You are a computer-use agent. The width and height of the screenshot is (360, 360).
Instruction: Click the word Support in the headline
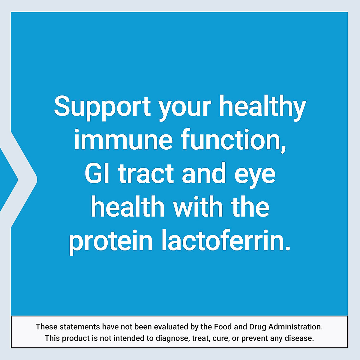[102, 107]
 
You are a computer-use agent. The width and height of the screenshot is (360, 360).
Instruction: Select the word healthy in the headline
[262, 107]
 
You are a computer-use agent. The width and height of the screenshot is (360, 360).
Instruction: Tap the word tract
[146, 174]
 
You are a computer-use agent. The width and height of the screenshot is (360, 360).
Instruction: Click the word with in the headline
[198, 208]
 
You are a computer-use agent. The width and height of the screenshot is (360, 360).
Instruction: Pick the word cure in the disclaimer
[220, 338]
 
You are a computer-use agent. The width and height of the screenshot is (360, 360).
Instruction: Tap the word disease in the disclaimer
[301, 338]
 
